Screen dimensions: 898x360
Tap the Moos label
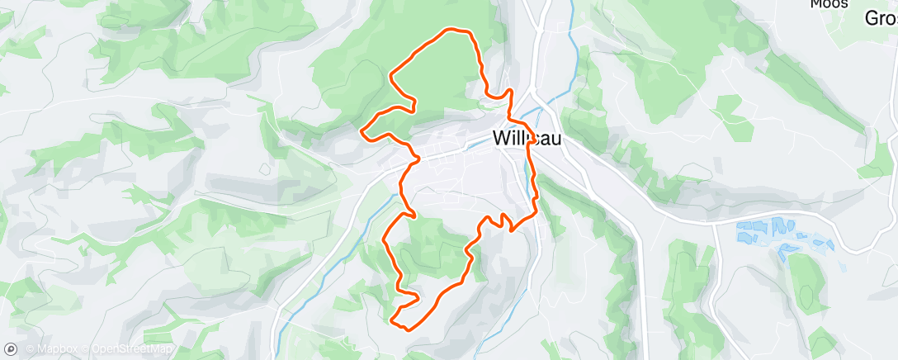click(829, 4)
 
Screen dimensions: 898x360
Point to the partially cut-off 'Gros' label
click(881, 18)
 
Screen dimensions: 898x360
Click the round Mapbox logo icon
click(11, 349)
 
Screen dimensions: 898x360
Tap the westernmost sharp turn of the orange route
click(362, 130)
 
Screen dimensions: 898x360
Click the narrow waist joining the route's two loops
click(413, 157)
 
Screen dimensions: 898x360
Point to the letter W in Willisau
click(500, 139)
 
